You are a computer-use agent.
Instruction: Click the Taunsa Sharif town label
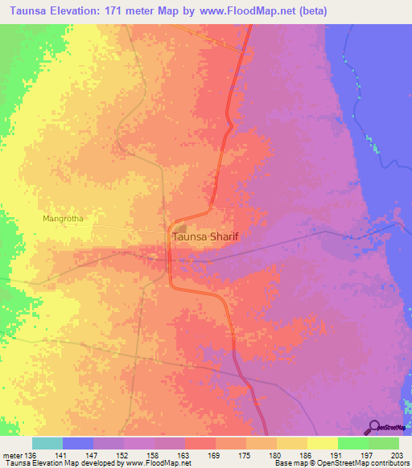pos(208,237)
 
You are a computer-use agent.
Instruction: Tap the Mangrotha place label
pos(64,218)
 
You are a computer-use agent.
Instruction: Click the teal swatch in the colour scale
pos(47,443)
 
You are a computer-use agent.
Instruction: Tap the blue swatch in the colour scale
pos(78,443)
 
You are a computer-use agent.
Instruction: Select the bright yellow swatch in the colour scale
pos(323,443)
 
